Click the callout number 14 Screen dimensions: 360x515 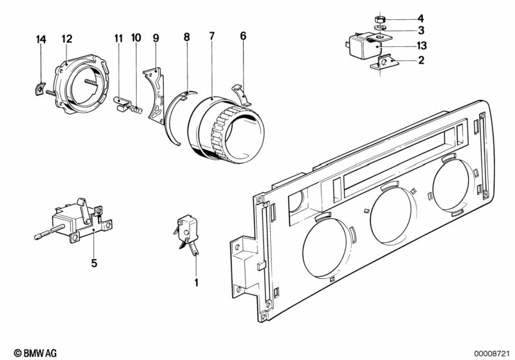click(x=41, y=40)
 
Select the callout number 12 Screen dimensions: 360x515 click(x=67, y=39)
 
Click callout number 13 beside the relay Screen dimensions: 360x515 click(x=421, y=46)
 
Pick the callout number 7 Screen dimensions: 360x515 click(x=211, y=36)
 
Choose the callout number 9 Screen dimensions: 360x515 click(x=155, y=38)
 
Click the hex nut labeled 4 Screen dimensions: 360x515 click(x=380, y=18)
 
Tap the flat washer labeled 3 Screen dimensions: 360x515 click(x=380, y=29)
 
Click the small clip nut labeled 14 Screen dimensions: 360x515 click(x=39, y=88)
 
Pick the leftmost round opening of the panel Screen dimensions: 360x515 click(x=326, y=247)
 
